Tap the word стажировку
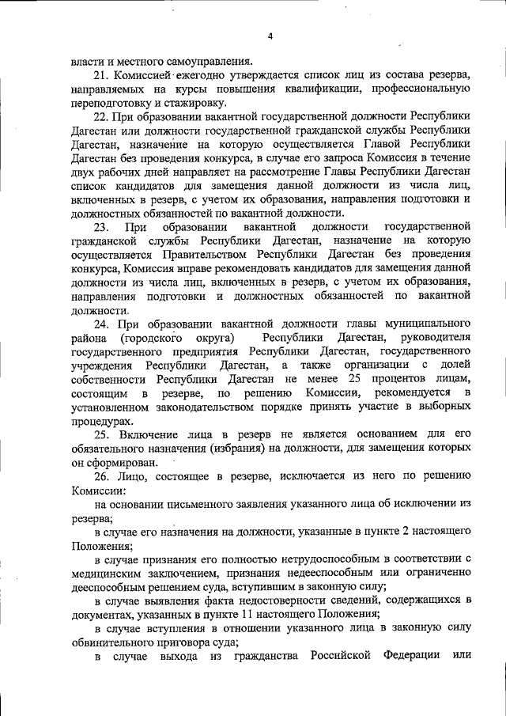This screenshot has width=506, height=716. (193, 103)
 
